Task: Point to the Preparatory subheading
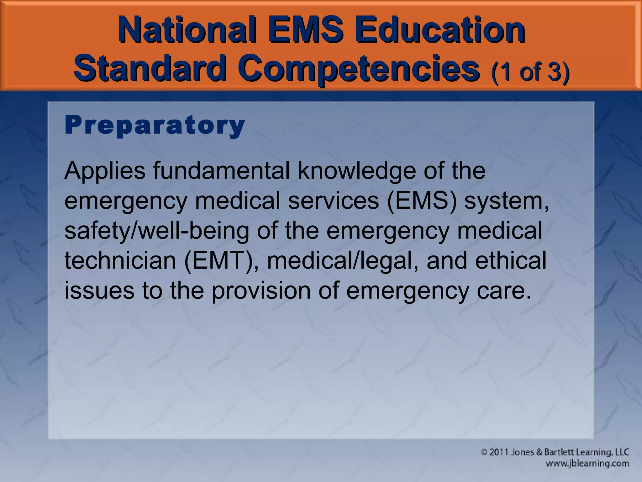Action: point(155,126)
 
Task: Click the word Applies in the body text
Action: point(105,171)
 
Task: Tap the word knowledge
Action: point(356,171)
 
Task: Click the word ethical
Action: point(511,260)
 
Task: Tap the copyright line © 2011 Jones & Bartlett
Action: point(555,452)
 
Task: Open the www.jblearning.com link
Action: point(587,463)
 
